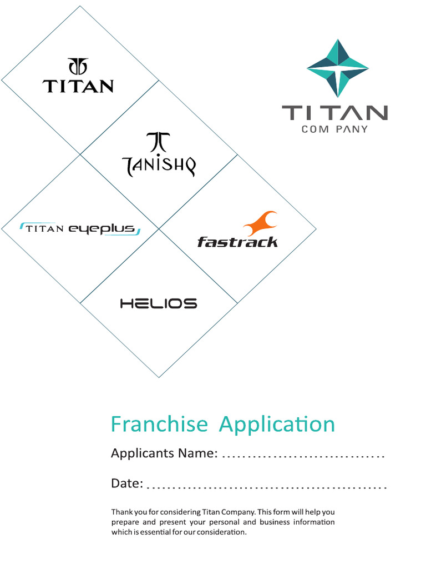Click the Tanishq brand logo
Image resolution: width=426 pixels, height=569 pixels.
(x=159, y=155)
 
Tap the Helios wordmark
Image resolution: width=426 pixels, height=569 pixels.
(x=159, y=303)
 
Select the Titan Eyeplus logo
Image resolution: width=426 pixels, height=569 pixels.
(x=80, y=229)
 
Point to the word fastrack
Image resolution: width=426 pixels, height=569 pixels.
(x=237, y=242)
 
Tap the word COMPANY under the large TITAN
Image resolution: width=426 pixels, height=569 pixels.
(x=334, y=129)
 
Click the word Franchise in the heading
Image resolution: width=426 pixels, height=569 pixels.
(x=159, y=425)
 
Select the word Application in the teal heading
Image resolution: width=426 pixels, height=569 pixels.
(x=277, y=425)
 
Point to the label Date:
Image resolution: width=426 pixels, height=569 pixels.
(x=127, y=483)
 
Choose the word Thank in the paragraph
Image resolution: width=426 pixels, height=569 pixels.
(x=120, y=512)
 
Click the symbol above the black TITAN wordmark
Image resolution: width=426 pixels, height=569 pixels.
(x=78, y=66)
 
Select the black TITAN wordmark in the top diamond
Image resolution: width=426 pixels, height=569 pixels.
(x=78, y=86)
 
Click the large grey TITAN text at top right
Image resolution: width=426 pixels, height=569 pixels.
(x=334, y=113)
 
